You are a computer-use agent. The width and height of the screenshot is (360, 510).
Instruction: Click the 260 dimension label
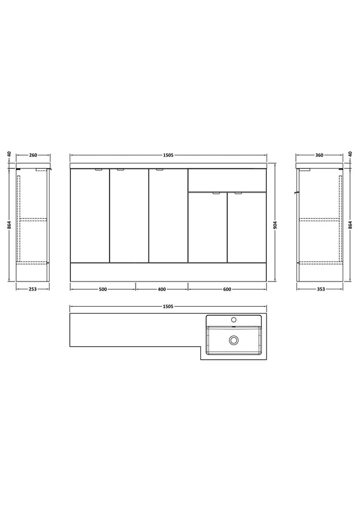(33, 155)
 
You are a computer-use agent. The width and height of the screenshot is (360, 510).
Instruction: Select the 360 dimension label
(319, 155)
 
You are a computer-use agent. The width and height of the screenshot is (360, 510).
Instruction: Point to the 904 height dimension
(275, 225)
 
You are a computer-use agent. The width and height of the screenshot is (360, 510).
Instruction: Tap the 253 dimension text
(33, 289)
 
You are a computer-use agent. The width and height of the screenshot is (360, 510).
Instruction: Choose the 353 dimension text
(321, 289)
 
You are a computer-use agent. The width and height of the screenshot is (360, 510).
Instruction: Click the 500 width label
(103, 289)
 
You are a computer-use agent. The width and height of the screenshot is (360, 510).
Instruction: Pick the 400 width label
(162, 289)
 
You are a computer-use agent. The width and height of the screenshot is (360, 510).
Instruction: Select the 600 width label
(227, 289)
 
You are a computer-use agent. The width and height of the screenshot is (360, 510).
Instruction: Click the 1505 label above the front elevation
(168, 155)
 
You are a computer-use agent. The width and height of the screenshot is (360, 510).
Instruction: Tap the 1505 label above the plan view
(168, 306)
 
